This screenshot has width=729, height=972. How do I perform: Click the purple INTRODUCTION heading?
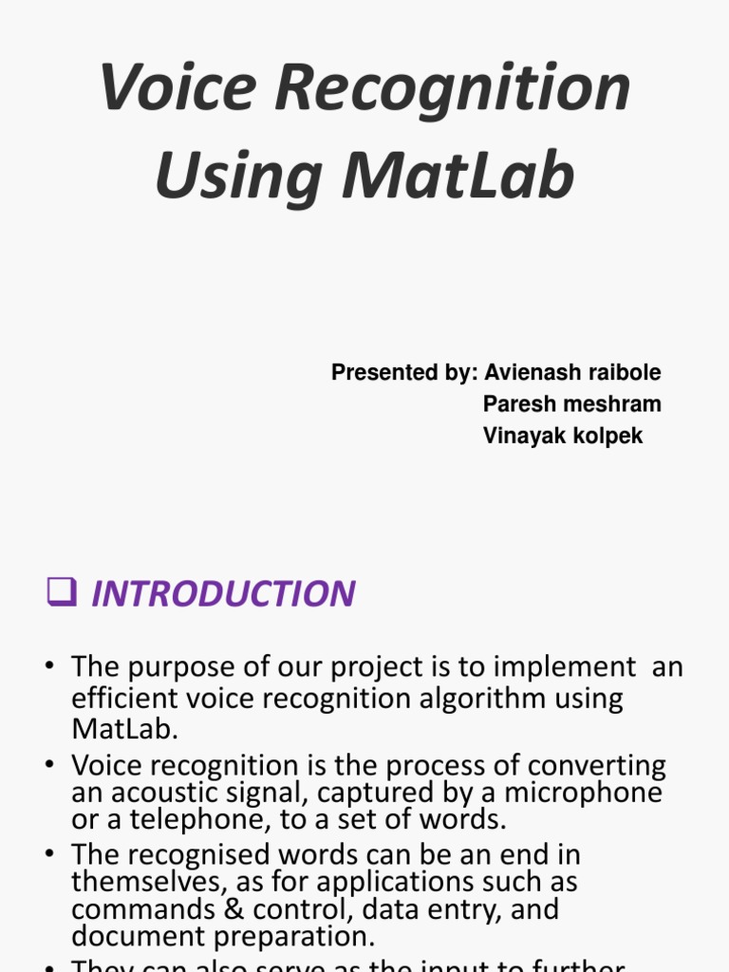tap(223, 594)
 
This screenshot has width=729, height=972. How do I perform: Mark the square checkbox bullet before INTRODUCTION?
tap(62, 593)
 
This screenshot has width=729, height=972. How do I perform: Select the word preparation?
tap(289, 937)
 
